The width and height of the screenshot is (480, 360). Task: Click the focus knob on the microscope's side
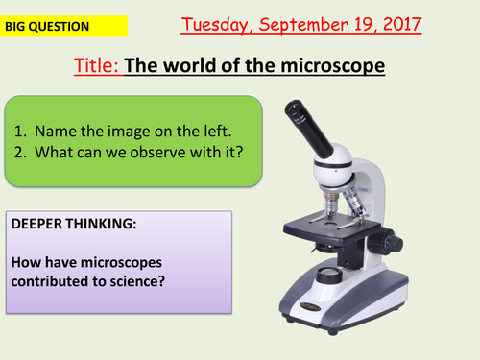(x=385, y=239)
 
